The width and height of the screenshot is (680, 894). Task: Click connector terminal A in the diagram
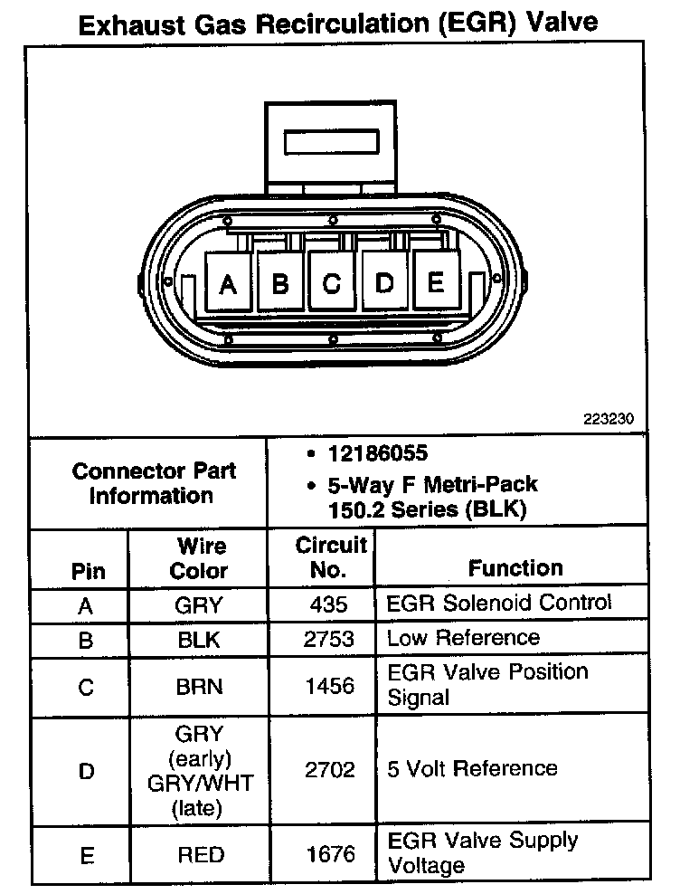(x=228, y=284)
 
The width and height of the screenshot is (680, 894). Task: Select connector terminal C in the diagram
(x=332, y=283)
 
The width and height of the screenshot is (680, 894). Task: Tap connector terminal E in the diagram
(x=436, y=282)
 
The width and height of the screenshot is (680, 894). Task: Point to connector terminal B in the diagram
(x=280, y=284)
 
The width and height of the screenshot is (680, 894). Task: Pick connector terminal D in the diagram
(x=385, y=283)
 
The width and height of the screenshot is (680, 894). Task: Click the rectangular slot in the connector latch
(x=331, y=143)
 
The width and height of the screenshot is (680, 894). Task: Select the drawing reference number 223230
(x=610, y=419)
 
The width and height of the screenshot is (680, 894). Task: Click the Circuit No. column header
(x=331, y=557)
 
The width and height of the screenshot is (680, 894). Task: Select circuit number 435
(x=331, y=604)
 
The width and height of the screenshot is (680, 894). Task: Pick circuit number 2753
(x=331, y=638)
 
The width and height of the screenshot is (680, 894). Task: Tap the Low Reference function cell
(x=463, y=638)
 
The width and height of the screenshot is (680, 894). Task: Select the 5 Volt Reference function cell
(x=472, y=769)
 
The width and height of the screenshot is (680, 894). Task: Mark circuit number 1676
(x=331, y=853)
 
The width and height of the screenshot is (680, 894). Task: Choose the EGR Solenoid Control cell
(x=499, y=603)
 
